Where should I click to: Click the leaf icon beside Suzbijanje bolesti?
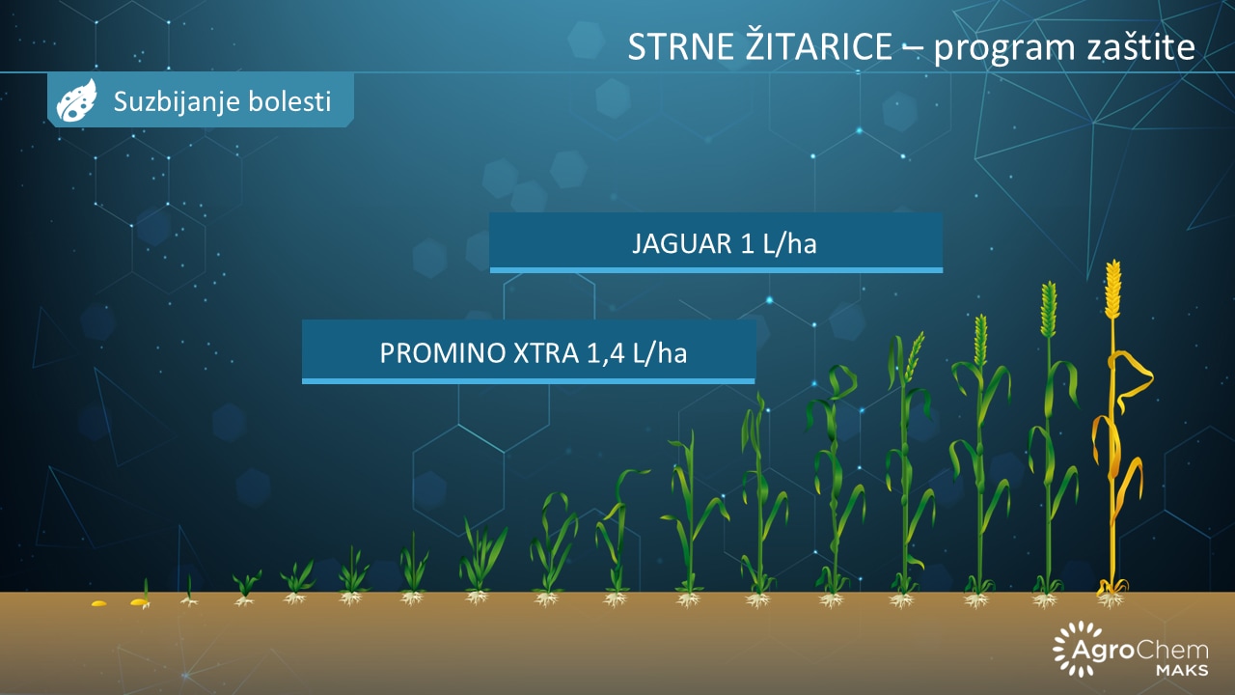point(76,99)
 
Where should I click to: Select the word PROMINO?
point(443,353)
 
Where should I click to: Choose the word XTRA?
point(546,353)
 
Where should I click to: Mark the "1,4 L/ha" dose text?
point(637,353)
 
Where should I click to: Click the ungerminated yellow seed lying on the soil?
point(98,603)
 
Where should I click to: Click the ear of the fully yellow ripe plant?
point(1113,289)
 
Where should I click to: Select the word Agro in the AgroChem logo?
point(1102,651)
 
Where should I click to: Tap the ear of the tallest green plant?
point(1048,309)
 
